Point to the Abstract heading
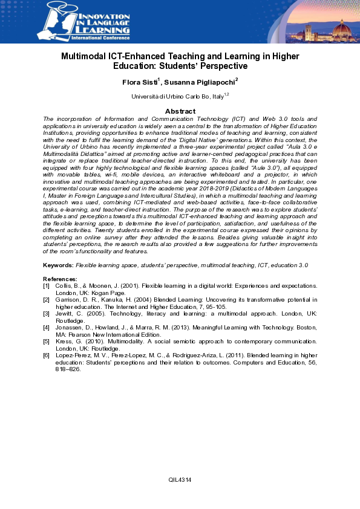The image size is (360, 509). coord(180,111)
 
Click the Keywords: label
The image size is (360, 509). coord(59,265)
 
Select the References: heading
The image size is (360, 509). coord(61,278)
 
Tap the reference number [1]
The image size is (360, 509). coord(47,284)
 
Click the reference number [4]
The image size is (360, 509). coord(47,327)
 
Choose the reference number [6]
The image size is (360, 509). coord(47,356)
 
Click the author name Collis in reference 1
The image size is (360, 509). coord(65,284)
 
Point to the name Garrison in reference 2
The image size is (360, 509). coord(69,299)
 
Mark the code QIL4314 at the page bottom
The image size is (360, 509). coord(180,479)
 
